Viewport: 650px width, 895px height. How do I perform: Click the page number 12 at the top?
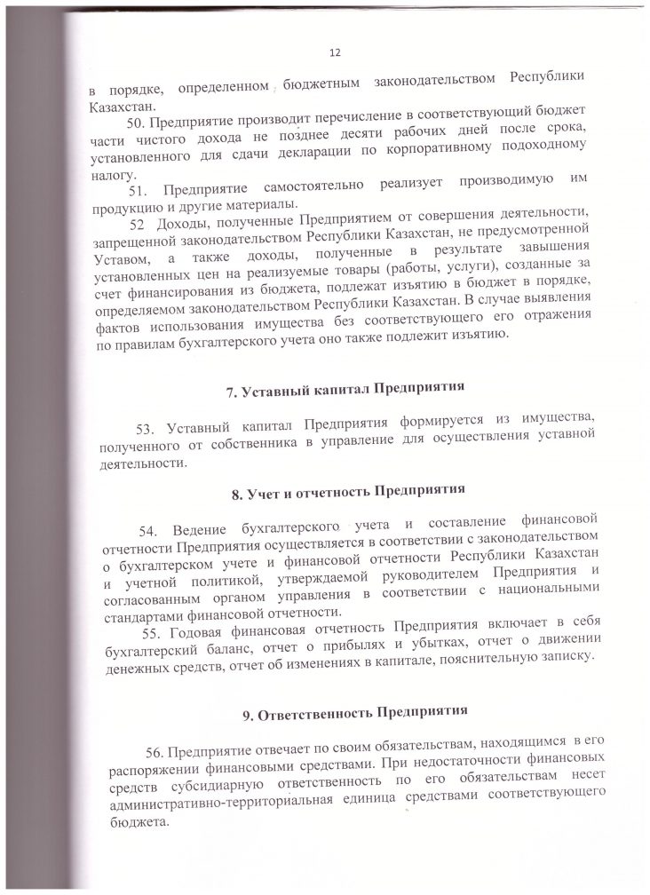(335, 53)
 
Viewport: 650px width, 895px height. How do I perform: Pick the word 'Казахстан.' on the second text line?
(119, 107)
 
